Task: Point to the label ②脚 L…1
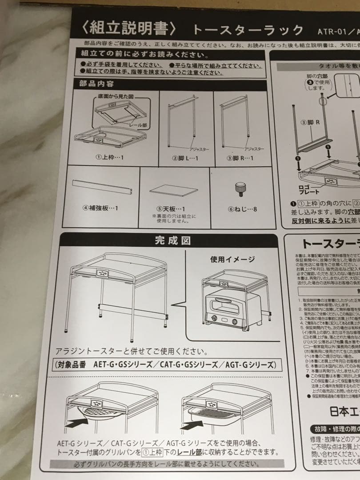point(185,158)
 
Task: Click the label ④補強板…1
point(100,208)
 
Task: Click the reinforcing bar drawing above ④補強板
point(103,188)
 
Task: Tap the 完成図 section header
point(172,241)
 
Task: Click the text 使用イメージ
point(232,259)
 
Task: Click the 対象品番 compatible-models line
point(166,365)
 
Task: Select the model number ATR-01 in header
point(331,32)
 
